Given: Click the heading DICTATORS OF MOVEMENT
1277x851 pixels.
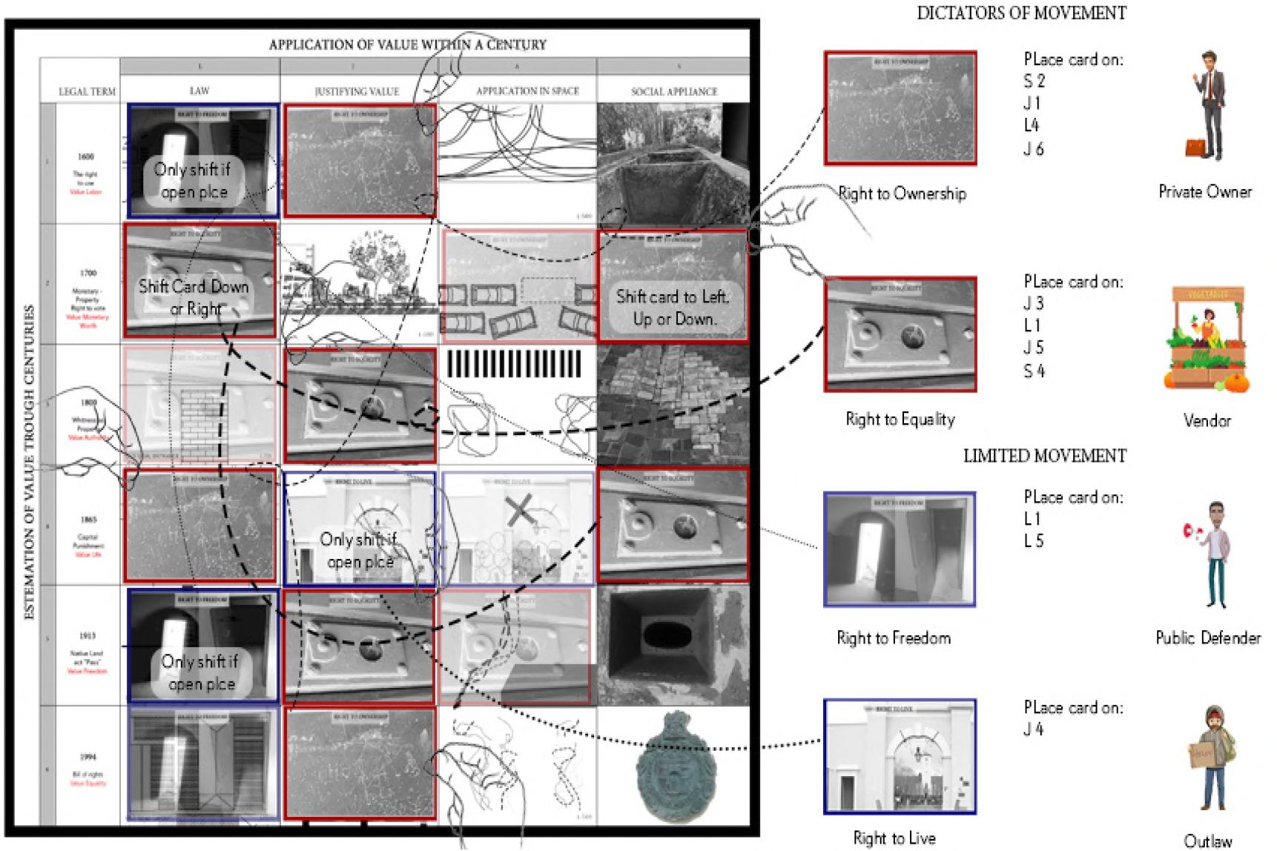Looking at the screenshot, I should [1021, 13].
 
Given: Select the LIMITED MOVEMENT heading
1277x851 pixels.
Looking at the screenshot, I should [1044, 456].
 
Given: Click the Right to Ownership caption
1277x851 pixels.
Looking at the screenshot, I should [902, 194].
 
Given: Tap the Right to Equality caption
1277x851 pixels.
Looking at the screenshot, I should [900, 420].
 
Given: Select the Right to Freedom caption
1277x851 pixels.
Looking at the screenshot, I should [894, 638].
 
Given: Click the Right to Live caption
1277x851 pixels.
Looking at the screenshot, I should [894, 838].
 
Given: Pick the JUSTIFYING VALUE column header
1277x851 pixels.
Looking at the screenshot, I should [357, 91].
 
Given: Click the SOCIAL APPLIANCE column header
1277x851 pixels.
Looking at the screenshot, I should [674, 91].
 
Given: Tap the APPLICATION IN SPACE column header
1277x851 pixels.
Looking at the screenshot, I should [527, 91].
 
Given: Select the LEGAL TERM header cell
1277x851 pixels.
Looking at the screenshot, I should [87, 92].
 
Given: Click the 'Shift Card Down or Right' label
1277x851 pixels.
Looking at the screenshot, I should [194, 297].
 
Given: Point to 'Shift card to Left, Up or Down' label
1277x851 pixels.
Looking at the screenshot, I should [673, 308].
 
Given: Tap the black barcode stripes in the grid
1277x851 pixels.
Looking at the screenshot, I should [515, 365].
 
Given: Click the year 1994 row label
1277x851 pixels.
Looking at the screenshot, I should [87, 757].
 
